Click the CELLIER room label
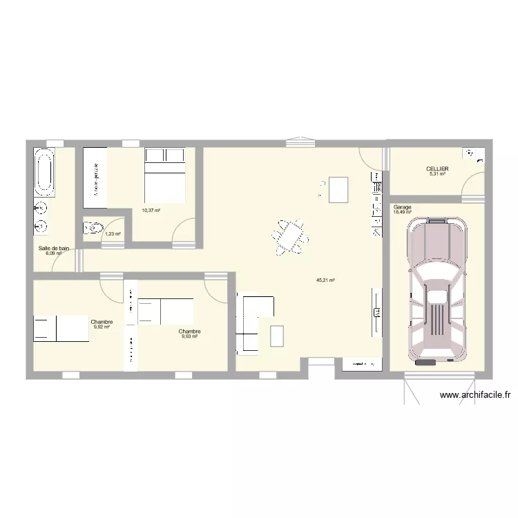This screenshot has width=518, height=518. (437, 169)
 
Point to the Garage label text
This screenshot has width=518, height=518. (402, 207)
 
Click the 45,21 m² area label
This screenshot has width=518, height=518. (325, 280)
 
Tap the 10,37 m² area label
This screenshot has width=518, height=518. (151, 211)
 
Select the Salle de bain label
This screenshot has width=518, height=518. (54, 248)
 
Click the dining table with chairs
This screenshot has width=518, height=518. (291, 236)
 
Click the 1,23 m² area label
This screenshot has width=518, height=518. (113, 234)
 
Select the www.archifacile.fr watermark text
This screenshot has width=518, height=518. (475, 395)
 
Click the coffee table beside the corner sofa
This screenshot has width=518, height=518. (277, 336)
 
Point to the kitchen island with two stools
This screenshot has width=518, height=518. (337, 189)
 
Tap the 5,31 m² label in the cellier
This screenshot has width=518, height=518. (437, 174)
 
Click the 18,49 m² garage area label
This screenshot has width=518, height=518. (402, 212)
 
